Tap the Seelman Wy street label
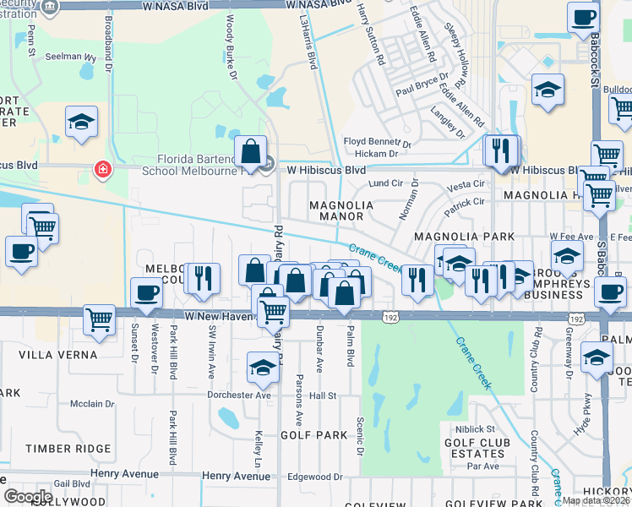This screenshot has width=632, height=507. pyautogui.click(x=71, y=57)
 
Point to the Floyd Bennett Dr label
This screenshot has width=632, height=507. pyautogui.click(x=376, y=142)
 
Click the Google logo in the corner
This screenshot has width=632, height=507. pyautogui.click(x=28, y=496)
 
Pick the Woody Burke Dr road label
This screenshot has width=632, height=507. pyautogui.click(x=230, y=46)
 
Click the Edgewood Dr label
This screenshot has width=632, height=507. pyautogui.click(x=314, y=477)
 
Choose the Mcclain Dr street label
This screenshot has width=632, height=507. pyautogui.click(x=91, y=404)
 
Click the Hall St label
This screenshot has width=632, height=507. pyautogui.click(x=323, y=395)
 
